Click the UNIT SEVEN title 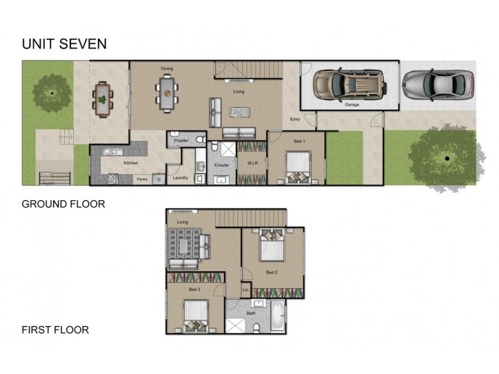coord(64,44)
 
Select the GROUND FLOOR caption coord(63,204)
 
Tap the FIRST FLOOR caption coord(55,330)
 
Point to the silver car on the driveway coord(438,84)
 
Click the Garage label coord(352,105)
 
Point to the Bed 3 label coord(195,289)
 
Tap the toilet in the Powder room coord(200,140)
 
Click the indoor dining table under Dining coord(167,93)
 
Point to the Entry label coord(296,120)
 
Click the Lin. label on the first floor coord(245,290)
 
